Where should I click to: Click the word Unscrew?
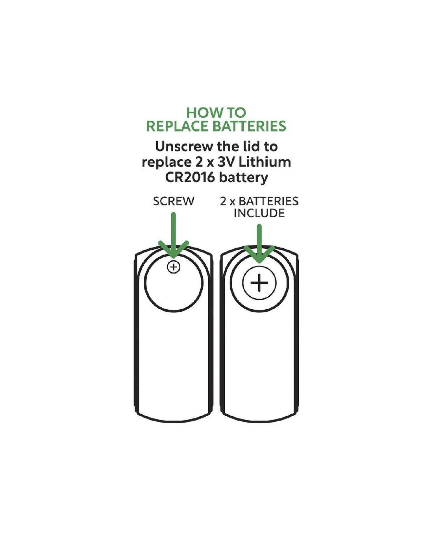click(x=184, y=147)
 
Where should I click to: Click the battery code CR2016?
click(x=190, y=177)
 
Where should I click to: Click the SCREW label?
click(x=174, y=201)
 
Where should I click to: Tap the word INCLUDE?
click(x=259, y=213)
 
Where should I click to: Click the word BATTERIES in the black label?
click(x=268, y=201)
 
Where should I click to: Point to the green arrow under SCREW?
click(x=174, y=235)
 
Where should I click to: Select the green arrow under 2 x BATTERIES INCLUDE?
click(x=259, y=244)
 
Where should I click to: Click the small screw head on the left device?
click(x=174, y=267)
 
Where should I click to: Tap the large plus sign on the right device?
click(x=259, y=283)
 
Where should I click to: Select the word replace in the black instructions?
click(x=167, y=163)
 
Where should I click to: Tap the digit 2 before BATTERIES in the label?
click(x=223, y=201)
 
